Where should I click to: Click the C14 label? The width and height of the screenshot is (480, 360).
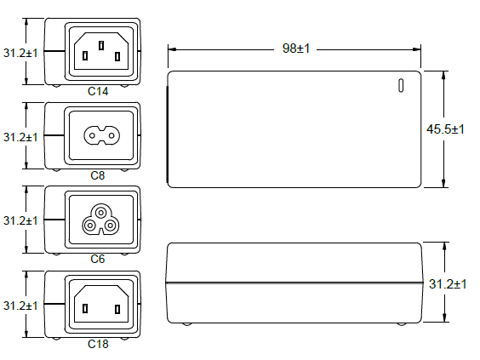(98, 91)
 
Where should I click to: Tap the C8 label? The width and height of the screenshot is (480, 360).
(98, 175)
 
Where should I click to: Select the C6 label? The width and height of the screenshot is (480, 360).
(98, 259)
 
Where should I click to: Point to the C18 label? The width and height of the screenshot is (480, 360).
(98, 344)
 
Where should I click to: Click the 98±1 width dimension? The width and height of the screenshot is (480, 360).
(296, 49)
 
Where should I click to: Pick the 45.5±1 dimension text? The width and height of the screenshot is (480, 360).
(445, 129)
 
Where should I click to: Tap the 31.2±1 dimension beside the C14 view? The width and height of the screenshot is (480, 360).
(20, 53)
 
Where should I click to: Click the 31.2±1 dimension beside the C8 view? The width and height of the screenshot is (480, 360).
(20, 137)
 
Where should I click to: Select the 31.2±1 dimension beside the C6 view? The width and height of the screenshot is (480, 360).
(20, 220)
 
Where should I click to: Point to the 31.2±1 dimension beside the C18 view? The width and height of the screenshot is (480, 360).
(20, 306)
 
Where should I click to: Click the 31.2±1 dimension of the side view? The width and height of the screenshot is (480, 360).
(448, 284)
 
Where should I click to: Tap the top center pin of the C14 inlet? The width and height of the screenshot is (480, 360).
(101, 46)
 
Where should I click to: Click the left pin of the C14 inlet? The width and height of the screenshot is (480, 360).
(85, 56)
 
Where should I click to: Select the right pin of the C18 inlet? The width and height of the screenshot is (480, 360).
(117, 309)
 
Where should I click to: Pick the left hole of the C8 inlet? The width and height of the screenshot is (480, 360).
(92, 135)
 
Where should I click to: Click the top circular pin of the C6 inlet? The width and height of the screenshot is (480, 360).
(100, 212)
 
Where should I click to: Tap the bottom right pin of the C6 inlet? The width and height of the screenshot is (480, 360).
(110, 226)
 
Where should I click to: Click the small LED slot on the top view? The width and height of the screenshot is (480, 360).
(401, 86)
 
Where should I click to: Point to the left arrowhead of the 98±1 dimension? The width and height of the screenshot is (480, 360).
(172, 49)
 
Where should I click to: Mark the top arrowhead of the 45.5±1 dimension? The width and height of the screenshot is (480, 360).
(443, 75)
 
